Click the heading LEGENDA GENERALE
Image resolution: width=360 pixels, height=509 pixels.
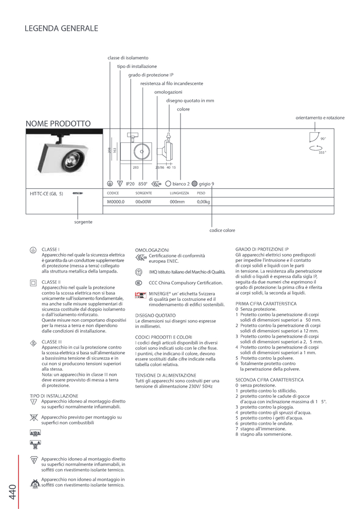pyautogui.click(x=61, y=29)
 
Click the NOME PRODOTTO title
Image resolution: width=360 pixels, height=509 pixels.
pyautogui.click(x=58, y=124)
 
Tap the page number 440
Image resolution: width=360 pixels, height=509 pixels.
pyautogui.click(x=12, y=492)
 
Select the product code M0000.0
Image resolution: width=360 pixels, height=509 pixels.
pyautogui.click(x=116, y=202)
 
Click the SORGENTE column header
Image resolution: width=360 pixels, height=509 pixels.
pyautogui.click(x=143, y=193)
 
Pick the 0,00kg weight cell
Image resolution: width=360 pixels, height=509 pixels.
pyautogui.click(x=203, y=202)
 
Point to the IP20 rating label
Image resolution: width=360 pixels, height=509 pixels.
pyautogui.click(x=130, y=184)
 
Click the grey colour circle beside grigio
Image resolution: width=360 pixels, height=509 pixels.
pyautogui.click(x=194, y=184)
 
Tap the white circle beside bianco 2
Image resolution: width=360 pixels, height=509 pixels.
pyautogui.click(x=168, y=184)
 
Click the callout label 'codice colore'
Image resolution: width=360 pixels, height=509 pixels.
pyautogui.click(x=222, y=230)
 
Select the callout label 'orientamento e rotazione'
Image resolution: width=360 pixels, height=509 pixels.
pyautogui.click(x=320, y=118)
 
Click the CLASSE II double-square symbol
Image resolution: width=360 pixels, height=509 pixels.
pyautogui.click(x=33, y=283)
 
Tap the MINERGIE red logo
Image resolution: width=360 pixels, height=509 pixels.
pyautogui.click(x=140, y=296)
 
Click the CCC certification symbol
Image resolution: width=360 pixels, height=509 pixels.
pyautogui.click(x=139, y=283)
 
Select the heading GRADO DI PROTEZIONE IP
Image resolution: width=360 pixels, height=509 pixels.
pyautogui.click(x=262, y=249)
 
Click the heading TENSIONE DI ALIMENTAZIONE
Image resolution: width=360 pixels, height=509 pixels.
pyautogui.click(x=166, y=375)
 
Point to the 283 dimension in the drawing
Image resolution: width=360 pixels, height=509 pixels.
pyautogui.click(x=136, y=168)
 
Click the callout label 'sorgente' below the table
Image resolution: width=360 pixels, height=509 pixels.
pyautogui.click(x=83, y=222)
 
